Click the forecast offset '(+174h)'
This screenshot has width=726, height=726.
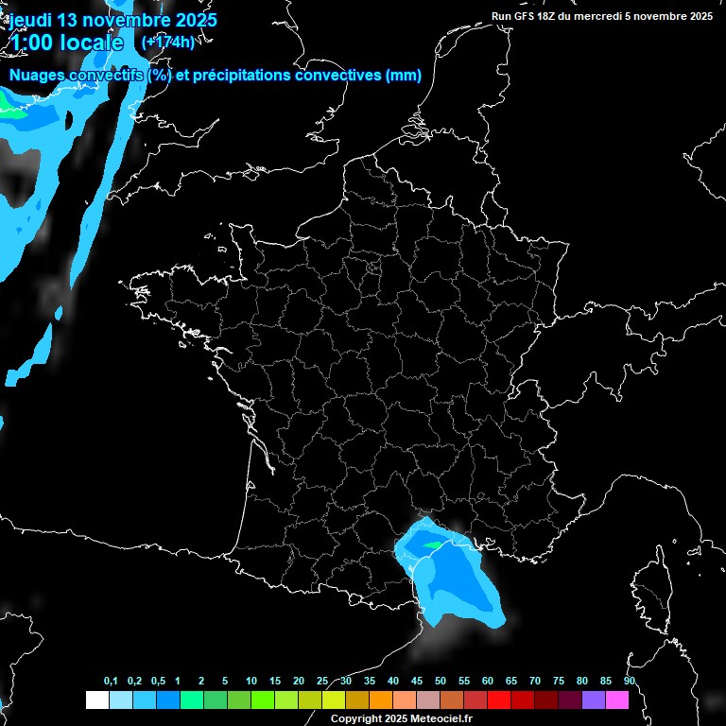pyautogui.click(x=167, y=42)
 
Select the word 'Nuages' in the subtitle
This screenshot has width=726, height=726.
pyautogui.click(x=39, y=76)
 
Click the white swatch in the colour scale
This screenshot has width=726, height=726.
pyautogui.click(x=96, y=700)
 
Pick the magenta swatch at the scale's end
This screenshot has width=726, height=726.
pyautogui.click(x=616, y=700)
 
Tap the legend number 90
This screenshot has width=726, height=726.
pyautogui.click(x=629, y=681)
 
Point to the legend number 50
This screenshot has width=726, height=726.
pyautogui.click(x=441, y=681)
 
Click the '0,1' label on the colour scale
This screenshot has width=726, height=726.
pyautogui.click(x=111, y=681)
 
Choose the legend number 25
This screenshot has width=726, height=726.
pyautogui.click(x=322, y=681)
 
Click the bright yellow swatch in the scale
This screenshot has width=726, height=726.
pyautogui.click(x=333, y=700)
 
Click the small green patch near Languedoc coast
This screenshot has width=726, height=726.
pyautogui.click(x=433, y=545)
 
